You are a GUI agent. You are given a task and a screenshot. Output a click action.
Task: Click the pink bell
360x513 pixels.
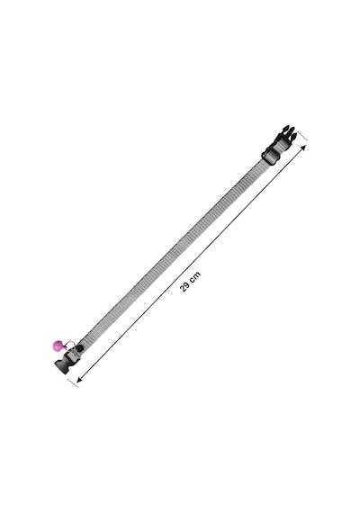point(58,345)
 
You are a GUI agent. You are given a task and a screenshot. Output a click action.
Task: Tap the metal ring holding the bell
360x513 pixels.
point(69,343)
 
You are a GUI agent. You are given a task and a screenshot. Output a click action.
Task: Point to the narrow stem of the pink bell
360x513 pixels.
point(64,346)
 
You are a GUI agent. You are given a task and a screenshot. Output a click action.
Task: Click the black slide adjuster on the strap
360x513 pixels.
point(270,156)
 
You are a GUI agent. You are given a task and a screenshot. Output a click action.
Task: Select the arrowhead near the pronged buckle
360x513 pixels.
point(303,148)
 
